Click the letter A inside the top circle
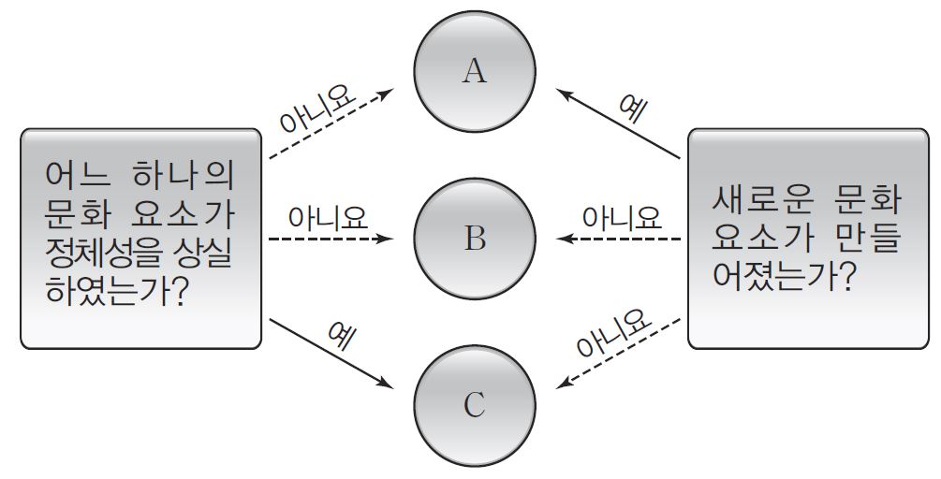(475, 72)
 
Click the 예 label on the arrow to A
(632, 110)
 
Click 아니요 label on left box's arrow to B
(327, 218)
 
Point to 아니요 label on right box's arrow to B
(621, 218)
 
